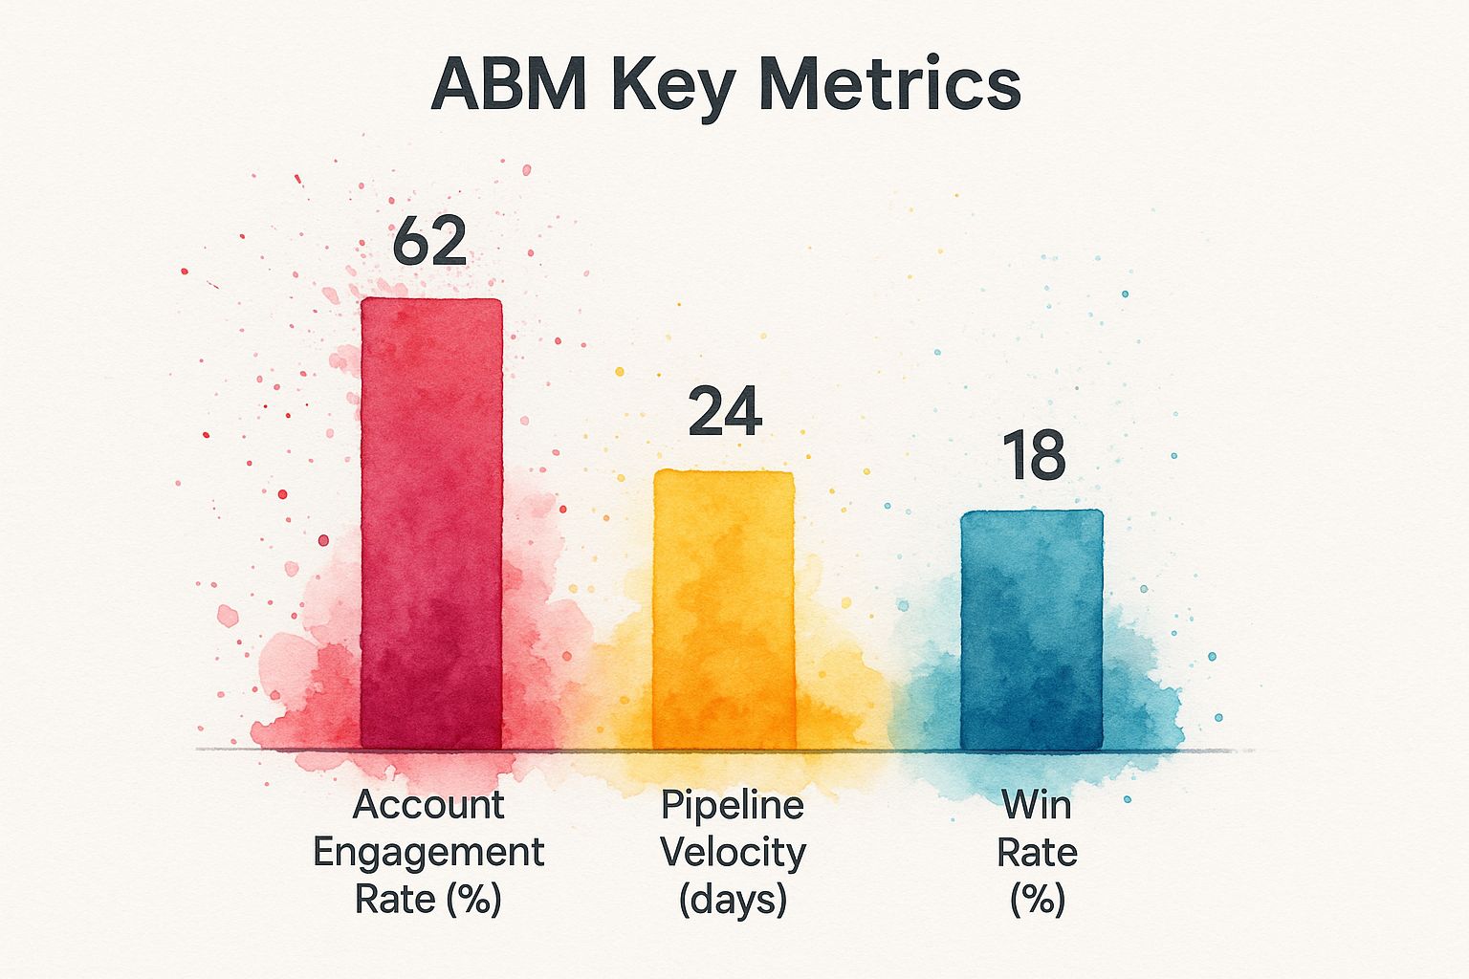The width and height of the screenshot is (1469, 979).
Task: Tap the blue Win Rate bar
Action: [x=1031, y=630]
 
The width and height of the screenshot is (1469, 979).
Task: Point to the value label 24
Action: [x=725, y=412]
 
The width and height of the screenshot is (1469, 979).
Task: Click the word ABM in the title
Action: [x=508, y=84]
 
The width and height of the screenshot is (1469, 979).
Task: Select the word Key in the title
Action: [x=672, y=86]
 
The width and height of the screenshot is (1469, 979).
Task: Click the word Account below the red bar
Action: [x=428, y=805]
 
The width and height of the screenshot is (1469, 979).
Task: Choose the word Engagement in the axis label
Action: [x=428, y=853]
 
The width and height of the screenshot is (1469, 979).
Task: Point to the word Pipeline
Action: [x=732, y=805]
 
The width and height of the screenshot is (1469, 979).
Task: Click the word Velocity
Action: [x=733, y=852]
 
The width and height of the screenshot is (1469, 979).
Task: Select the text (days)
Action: [x=733, y=899]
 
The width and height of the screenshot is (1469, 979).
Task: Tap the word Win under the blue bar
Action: [x=1037, y=805]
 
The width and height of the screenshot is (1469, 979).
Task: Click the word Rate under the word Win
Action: [x=1037, y=852]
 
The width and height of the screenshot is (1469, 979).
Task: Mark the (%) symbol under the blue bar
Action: [x=1037, y=899]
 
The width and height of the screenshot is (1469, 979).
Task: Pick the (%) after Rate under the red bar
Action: [x=469, y=899]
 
